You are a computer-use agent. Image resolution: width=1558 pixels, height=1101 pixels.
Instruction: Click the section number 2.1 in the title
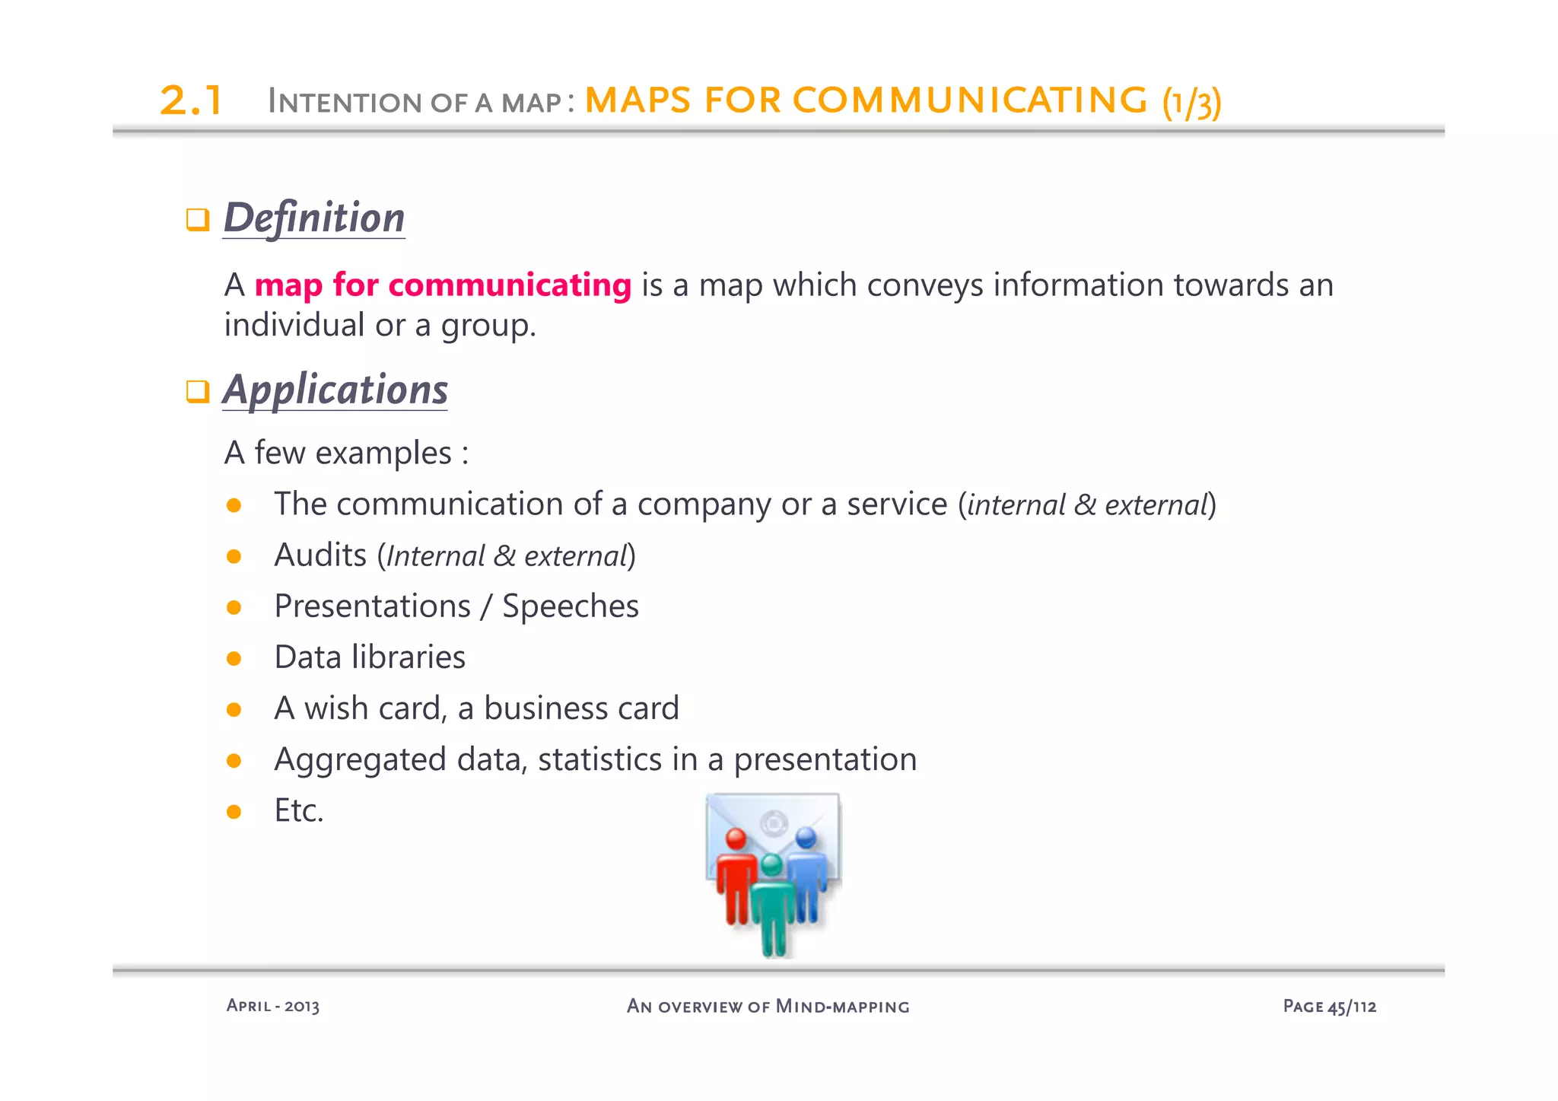[x=191, y=100]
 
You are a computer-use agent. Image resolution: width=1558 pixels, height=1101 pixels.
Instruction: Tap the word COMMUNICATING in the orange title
[x=970, y=100]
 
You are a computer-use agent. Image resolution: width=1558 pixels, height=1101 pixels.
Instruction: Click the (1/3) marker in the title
[x=1191, y=103]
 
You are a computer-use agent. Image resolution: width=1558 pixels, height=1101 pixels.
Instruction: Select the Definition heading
[x=313, y=218]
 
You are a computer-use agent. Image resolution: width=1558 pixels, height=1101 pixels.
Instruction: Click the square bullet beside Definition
[x=198, y=220]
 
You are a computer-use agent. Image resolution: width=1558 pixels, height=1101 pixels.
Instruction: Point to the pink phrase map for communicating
[x=443, y=285]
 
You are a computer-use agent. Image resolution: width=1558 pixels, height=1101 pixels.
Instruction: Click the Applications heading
[x=335, y=390]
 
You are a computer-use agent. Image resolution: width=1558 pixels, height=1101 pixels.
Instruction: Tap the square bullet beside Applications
[x=198, y=392]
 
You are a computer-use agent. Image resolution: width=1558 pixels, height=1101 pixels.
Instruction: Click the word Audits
[x=320, y=555]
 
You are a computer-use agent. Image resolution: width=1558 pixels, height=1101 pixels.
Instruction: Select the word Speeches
[x=571, y=606]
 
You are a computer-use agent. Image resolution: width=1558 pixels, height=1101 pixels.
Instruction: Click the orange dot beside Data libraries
[x=234, y=658]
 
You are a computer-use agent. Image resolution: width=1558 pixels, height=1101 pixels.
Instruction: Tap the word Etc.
[x=299, y=810]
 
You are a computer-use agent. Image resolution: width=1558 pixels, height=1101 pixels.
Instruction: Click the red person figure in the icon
[x=735, y=879]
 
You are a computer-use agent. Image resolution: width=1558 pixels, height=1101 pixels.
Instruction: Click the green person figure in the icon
[x=772, y=905]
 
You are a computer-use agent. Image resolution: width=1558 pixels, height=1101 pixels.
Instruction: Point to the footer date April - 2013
[x=273, y=1006]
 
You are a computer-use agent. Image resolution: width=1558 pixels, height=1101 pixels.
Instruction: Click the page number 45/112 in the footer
[x=1352, y=1007]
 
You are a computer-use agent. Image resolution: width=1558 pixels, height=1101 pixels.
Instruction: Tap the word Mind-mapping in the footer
[x=842, y=1007]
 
